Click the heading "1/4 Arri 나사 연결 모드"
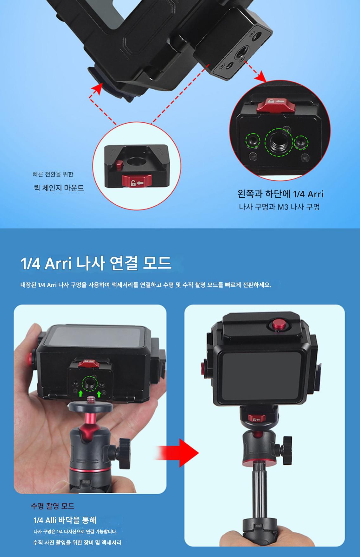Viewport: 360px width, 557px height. pos(96,264)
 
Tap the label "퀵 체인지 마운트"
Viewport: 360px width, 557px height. pos(59,188)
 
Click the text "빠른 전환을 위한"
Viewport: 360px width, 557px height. pos(53,174)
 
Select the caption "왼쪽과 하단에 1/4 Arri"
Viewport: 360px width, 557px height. pos(280,194)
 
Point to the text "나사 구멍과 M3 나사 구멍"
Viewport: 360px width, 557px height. pos(279,207)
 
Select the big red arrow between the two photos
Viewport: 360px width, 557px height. pos(177,453)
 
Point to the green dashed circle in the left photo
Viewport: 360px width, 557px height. pos(90,384)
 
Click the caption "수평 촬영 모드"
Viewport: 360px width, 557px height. pos(53,506)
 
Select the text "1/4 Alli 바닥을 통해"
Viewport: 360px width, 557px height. pos(65,520)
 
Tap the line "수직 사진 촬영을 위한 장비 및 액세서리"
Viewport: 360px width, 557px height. pos(77,542)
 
